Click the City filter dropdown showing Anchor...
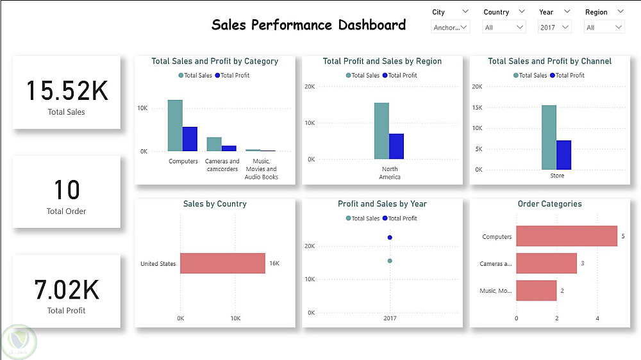(450, 27)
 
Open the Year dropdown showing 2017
(554, 27)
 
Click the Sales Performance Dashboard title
(308, 25)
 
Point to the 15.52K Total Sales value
(67, 91)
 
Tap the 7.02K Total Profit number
(67, 290)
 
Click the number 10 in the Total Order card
(67, 190)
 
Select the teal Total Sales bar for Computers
(175, 126)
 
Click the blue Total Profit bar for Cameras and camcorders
(229, 148)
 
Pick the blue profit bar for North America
(396, 146)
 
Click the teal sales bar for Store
(549, 137)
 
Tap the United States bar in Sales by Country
(222, 263)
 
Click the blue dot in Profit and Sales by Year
(390, 238)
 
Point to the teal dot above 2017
(390, 261)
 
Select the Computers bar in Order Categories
(566, 236)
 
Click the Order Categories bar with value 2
(536, 291)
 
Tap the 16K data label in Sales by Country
(274, 263)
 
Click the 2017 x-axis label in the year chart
(390, 318)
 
